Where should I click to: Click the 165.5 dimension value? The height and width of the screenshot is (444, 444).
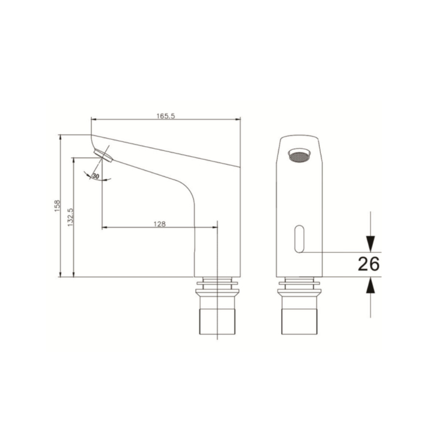point(165,115)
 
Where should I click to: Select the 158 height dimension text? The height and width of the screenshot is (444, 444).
point(57,206)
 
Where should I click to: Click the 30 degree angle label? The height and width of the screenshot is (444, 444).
point(96,176)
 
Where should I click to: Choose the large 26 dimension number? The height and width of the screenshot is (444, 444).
point(368,264)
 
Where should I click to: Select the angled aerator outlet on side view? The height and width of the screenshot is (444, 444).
point(103,155)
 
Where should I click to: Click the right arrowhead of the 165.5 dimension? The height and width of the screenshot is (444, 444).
point(238,120)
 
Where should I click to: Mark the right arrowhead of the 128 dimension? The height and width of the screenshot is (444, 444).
point(214,227)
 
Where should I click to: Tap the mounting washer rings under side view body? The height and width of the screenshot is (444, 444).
point(217,284)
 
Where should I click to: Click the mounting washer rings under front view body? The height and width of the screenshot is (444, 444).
point(299,284)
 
